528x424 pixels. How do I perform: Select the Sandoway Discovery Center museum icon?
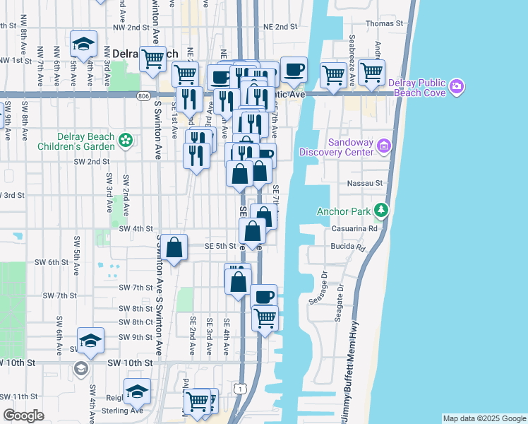384,146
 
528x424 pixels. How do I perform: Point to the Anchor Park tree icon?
381,210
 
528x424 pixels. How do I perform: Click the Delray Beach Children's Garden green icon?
126,140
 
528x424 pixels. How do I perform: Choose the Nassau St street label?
364,182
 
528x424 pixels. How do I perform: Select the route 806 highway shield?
144,95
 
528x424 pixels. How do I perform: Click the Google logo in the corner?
24,416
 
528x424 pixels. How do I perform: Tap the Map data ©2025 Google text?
484,418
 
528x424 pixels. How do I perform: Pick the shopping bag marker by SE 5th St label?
175,248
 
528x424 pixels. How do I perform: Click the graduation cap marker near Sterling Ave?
137,391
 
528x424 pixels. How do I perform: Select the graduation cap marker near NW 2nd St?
84,43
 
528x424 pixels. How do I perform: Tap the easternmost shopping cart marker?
371,71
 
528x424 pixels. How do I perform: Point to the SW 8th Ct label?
136,322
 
